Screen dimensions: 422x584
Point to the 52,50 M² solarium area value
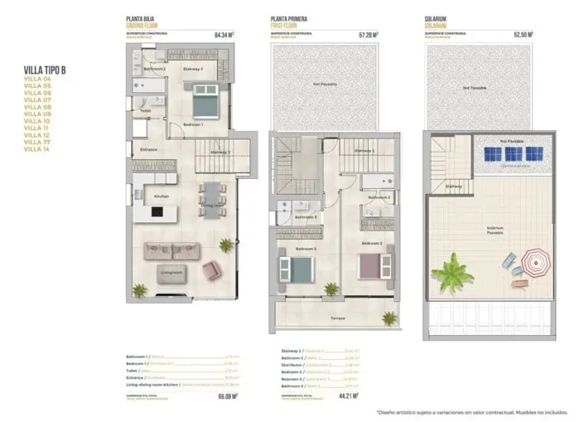click(523, 36)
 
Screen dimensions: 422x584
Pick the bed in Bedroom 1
click(204, 106)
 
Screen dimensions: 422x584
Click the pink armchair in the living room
click(211, 269)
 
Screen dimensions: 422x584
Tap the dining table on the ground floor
click(212, 195)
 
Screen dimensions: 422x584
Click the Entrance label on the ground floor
click(148, 149)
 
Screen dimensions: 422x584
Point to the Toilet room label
click(145, 110)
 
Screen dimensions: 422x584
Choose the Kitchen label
click(162, 196)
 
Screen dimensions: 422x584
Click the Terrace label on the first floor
click(338, 318)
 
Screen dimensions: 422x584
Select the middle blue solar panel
click(515, 154)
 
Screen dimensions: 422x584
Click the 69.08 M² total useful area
click(227, 396)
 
